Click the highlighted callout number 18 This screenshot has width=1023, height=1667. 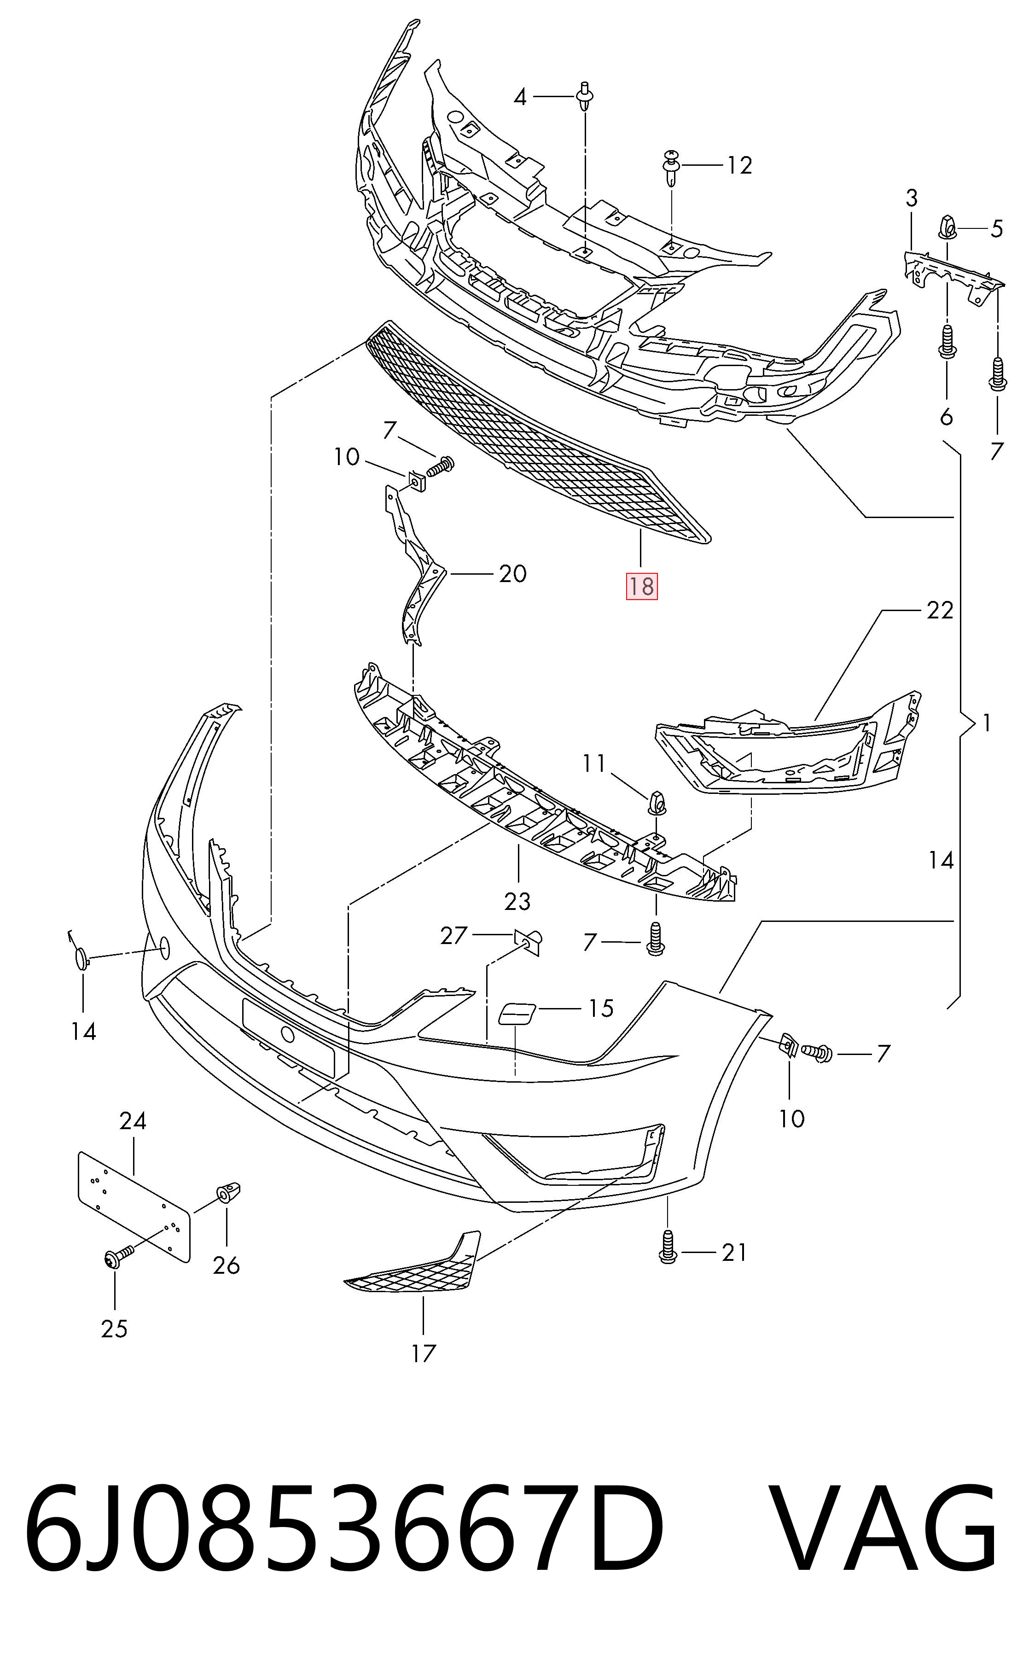(x=641, y=586)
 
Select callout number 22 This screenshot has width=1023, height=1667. (x=939, y=610)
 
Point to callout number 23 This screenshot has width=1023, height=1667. (x=517, y=901)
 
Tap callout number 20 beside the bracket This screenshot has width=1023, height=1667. (x=512, y=574)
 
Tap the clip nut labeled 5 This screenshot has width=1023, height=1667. (x=947, y=226)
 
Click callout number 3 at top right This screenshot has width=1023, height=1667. (x=912, y=198)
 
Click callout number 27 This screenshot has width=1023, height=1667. (x=453, y=936)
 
